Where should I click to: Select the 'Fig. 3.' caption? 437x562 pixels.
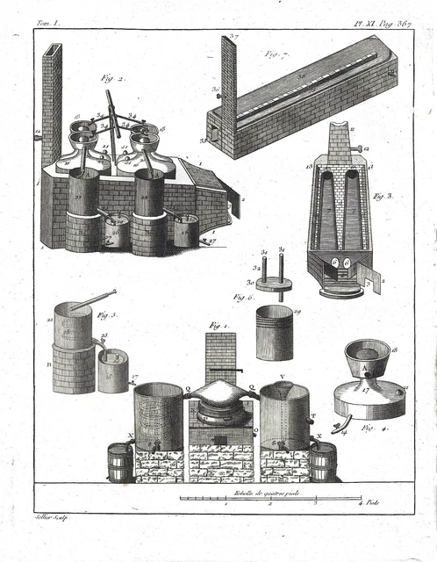pos(383,198)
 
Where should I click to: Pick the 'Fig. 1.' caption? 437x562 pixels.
pos(214,326)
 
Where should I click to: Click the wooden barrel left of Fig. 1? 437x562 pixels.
pos(119,461)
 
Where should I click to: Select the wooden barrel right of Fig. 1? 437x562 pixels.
pos(323,461)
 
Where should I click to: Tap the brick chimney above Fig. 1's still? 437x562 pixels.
pos(220,356)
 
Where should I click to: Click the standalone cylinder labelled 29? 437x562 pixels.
pos(275,333)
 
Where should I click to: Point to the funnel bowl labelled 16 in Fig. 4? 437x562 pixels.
pos(368,357)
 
